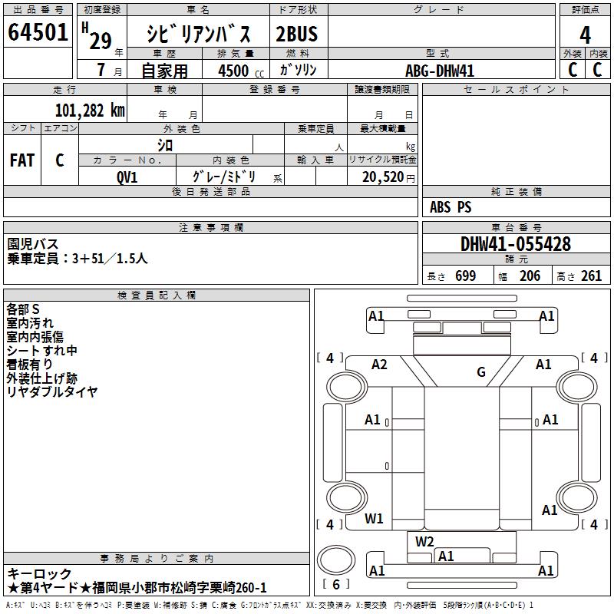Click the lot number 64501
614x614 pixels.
pos(38,31)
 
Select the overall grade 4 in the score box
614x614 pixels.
pos(585,35)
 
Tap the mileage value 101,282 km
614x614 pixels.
pos(90,111)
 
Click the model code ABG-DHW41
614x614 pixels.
pos(440,71)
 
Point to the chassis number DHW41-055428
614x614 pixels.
pos(516,244)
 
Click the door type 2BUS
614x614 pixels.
pos(297,34)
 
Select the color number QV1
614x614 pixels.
pos(127,177)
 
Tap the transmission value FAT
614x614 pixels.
pos(22,160)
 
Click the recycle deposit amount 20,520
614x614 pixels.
pos(383,177)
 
